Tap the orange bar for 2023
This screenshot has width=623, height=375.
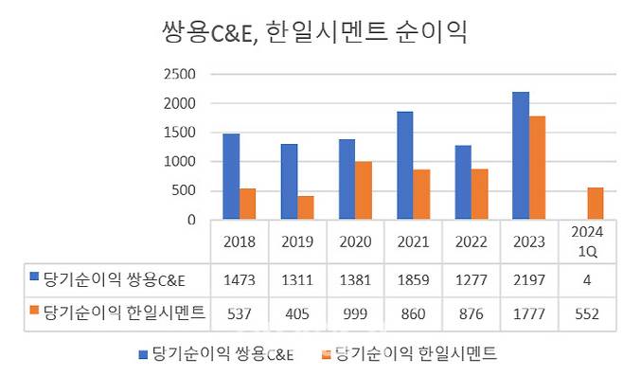[537, 168]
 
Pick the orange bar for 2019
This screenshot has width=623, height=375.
[305, 207]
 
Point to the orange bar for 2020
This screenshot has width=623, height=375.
[364, 190]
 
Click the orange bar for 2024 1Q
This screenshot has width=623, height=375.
[596, 204]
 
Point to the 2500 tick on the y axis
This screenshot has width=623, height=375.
[180, 74]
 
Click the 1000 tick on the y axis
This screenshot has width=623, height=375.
[180, 161]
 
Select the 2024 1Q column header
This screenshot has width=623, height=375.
[585, 241]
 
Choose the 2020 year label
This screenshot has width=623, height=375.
[354, 241]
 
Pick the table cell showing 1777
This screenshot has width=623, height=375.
[527, 315]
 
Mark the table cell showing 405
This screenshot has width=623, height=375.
[296, 315]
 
